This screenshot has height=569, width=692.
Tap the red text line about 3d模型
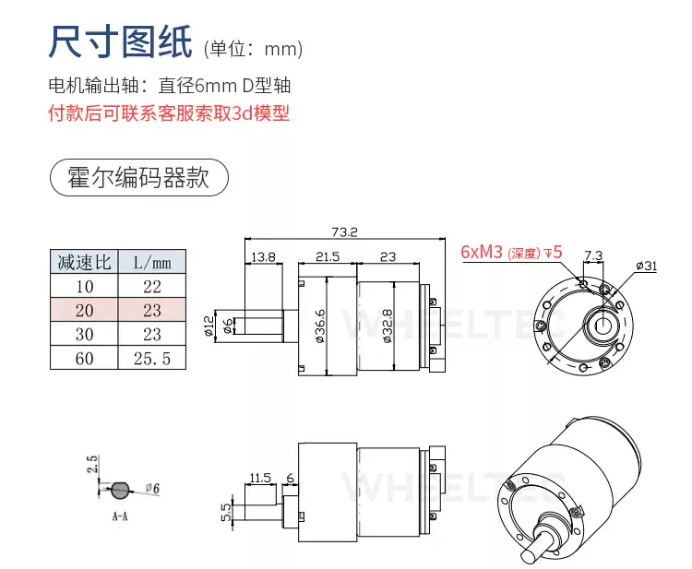[x=168, y=114]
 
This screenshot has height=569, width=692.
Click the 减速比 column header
[x=84, y=262]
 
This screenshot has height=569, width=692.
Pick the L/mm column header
[x=152, y=262]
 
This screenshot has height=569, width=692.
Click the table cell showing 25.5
[x=152, y=358]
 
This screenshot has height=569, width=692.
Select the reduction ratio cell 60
[x=84, y=358]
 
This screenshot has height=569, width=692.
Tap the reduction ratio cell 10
[x=84, y=286]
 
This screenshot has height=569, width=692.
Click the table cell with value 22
[x=152, y=286]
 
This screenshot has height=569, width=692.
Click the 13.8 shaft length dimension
[x=263, y=256]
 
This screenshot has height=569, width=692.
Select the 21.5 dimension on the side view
[x=328, y=256]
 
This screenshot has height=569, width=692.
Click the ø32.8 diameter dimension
[x=386, y=325]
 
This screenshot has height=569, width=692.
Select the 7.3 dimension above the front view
[x=593, y=255]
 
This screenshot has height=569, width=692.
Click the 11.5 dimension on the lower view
[x=259, y=478]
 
